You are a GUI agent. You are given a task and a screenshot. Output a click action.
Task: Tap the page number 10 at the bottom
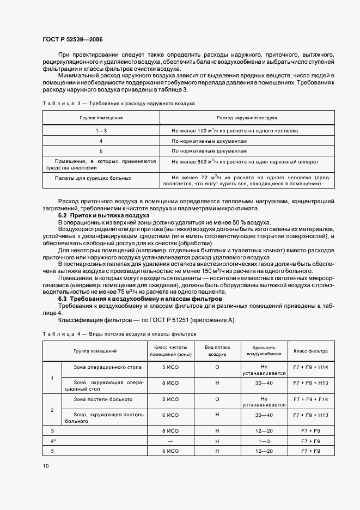tap(45, 465)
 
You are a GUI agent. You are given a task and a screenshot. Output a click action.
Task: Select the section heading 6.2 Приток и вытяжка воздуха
tap(100, 216)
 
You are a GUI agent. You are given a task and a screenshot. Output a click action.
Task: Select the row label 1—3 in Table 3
tap(101, 131)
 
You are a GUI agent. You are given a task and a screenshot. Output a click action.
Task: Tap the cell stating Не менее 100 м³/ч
tap(234, 131)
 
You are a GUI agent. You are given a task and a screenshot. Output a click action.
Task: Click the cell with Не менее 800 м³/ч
tap(245, 162)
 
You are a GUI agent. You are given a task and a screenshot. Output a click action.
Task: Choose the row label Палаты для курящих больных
tap(93, 178)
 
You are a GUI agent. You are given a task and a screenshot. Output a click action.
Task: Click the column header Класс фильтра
tap(310, 351)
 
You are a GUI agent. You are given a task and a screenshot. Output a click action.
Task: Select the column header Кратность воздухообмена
tap(264, 350)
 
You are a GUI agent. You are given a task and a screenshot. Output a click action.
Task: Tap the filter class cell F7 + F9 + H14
tap(310, 367)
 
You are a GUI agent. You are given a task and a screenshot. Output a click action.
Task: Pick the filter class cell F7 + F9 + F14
tap(310, 399)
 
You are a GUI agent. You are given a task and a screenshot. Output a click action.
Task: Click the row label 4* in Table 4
tap(53, 440)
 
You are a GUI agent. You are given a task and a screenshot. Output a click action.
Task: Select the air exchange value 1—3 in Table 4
tap(264, 440)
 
